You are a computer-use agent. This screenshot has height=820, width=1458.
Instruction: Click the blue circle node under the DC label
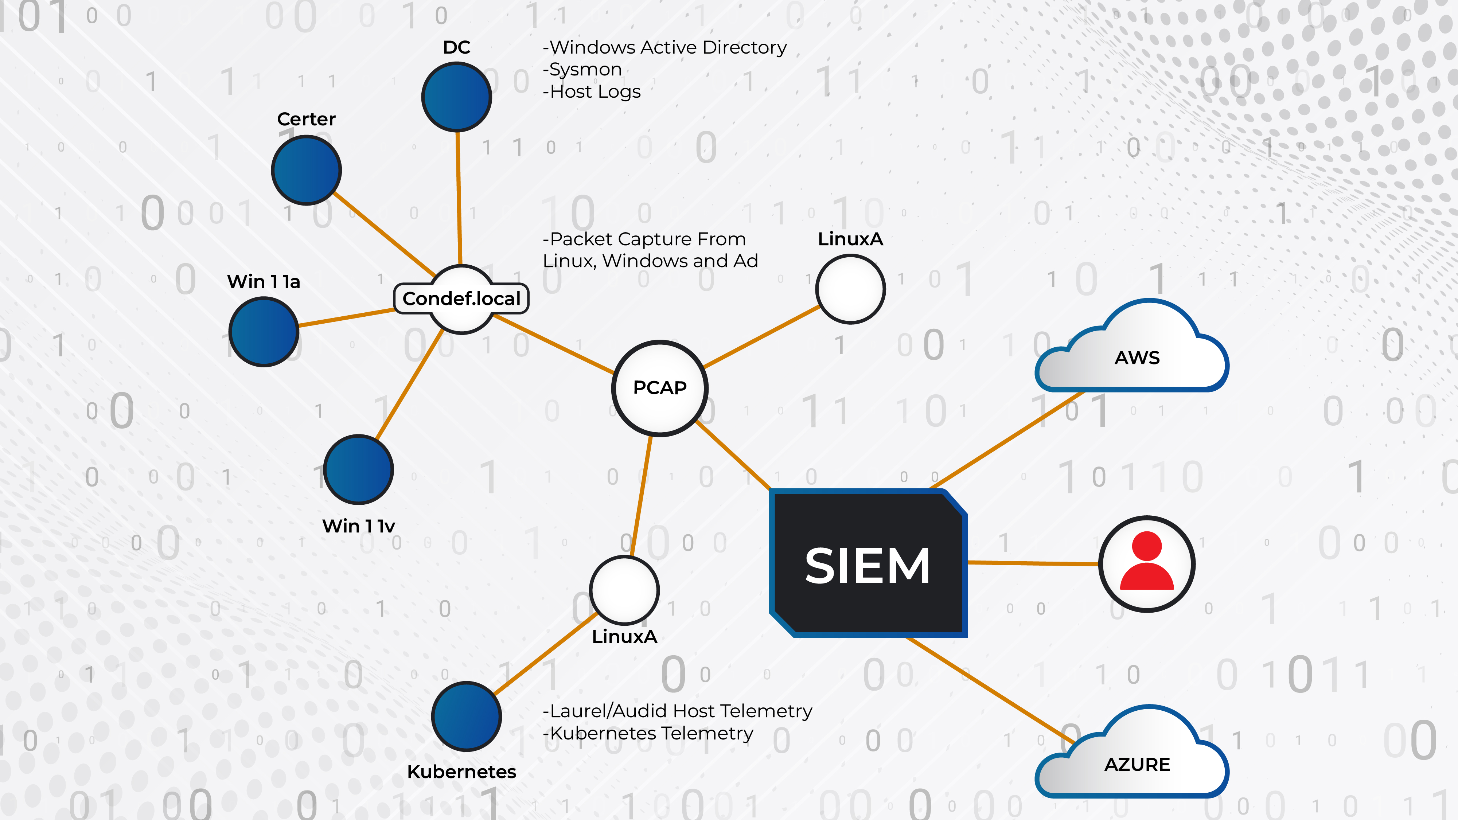click(456, 97)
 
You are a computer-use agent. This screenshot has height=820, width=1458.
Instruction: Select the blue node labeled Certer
click(306, 170)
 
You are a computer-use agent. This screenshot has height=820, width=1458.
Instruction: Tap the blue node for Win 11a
click(264, 332)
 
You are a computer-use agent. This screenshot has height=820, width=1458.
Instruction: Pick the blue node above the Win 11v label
click(358, 469)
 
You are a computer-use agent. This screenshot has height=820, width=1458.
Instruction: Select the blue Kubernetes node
click(467, 716)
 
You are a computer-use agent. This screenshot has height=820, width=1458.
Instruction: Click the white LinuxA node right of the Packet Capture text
click(850, 289)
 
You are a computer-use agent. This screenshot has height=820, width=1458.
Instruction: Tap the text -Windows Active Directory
click(664, 47)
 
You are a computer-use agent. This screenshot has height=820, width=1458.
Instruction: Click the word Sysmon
click(585, 70)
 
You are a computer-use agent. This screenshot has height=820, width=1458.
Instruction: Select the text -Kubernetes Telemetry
click(648, 733)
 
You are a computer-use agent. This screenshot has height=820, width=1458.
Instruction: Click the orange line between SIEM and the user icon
click(1033, 563)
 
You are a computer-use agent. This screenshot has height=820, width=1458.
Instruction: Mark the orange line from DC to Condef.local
click(459, 198)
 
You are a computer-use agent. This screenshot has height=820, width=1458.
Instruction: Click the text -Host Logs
click(592, 92)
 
